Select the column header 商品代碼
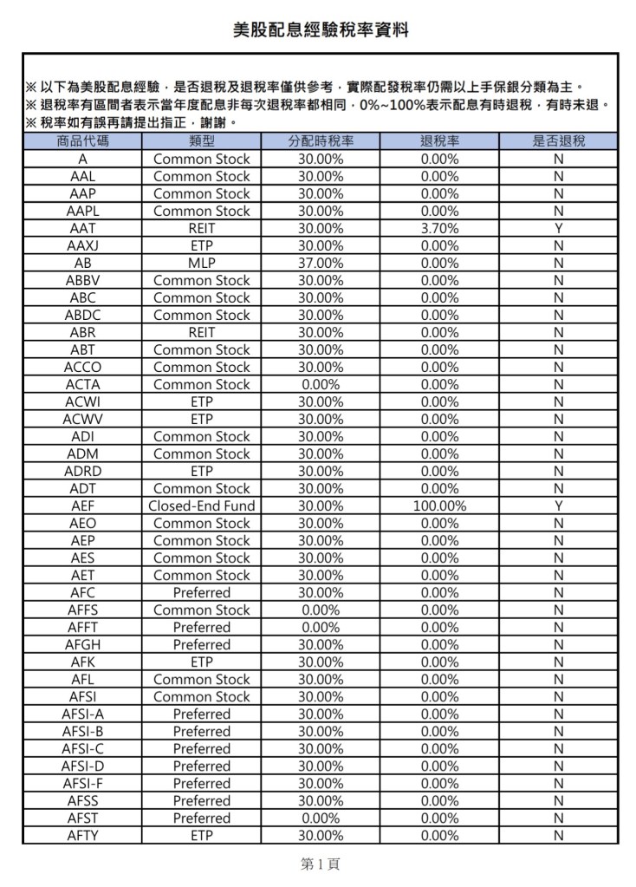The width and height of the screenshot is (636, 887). click(x=82, y=141)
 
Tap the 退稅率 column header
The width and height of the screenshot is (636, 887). click(x=439, y=141)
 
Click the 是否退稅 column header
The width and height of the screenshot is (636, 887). click(x=558, y=141)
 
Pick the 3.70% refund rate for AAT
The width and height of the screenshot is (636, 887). click(x=439, y=228)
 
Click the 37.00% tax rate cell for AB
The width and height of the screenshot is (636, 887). click(x=321, y=263)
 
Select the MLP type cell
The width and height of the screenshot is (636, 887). click(x=201, y=263)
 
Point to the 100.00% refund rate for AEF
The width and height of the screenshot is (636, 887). click(x=439, y=505)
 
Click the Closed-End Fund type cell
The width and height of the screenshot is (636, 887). click(x=201, y=505)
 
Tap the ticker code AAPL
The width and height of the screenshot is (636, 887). click(x=82, y=211)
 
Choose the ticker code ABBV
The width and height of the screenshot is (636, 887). click(x=82, y=280)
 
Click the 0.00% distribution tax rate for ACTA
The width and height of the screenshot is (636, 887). click(x=321, y=384)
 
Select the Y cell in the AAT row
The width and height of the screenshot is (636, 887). click(x=558, y=228)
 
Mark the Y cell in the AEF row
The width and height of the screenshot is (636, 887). click(x=558, y=505)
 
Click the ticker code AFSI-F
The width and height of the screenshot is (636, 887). click(x=82, y=783)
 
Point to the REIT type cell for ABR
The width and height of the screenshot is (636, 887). click(x=201, y=332)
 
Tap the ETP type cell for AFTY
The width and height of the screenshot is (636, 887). click(x=201, y=835)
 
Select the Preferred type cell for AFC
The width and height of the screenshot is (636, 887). click(x=201, y=592)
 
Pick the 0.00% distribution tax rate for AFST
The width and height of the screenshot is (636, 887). click(x=321, y=818)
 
